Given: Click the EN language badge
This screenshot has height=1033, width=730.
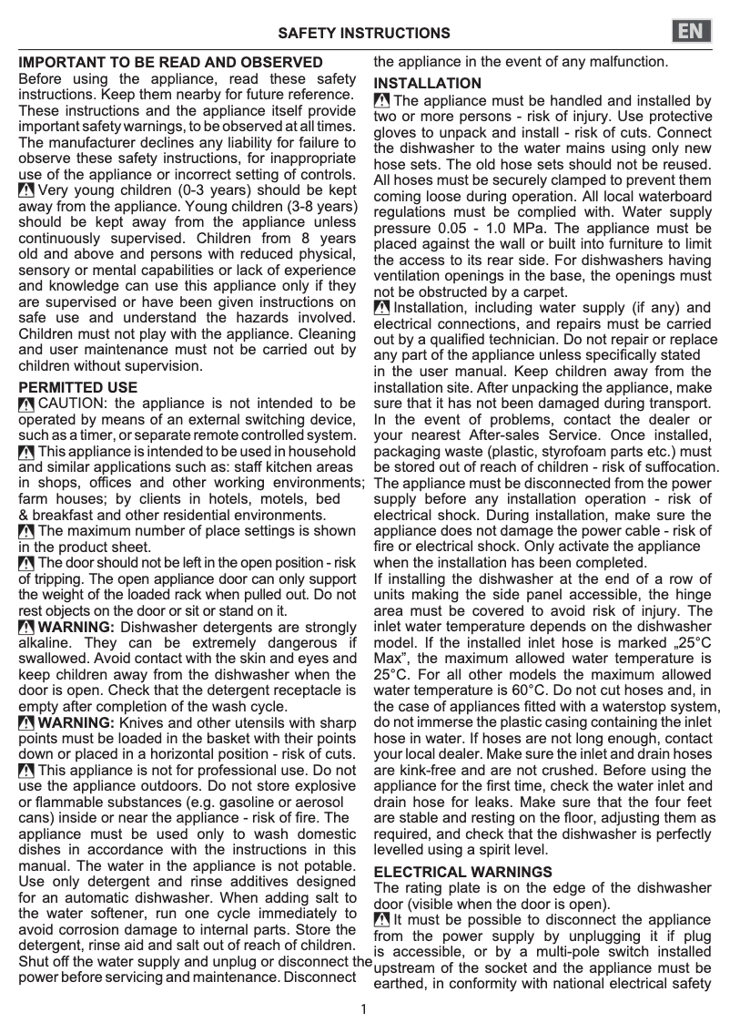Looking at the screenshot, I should click(x=694, y=32).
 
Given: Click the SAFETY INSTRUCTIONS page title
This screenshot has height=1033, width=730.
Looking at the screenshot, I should click(x=363, y=34).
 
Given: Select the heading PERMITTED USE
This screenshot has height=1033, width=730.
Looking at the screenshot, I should click(x=78, y=387).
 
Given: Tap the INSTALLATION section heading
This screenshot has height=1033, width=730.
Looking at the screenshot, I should click(x=428, y=84).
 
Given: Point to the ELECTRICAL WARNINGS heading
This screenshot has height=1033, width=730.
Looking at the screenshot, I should click(x=463, y=872).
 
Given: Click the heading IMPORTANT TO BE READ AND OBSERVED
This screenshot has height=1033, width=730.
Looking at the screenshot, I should click(x=171, y=63).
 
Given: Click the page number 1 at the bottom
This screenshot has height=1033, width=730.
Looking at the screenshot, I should click(x=364, y=1008).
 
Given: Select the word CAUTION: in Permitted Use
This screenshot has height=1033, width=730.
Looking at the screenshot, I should click(x=74, y=404).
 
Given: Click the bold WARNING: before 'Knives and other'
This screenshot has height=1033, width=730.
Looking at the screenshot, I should click(x=76, y=722).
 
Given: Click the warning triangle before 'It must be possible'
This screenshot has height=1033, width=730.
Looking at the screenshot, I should click(x=382, y=920).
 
